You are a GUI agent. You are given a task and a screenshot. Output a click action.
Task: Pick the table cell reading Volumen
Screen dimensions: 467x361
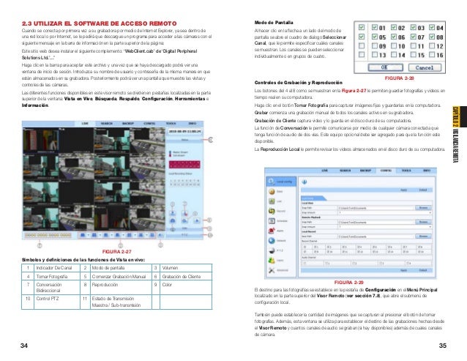coord(171,267)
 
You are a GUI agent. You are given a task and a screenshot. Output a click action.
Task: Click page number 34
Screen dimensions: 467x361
coord(25,345)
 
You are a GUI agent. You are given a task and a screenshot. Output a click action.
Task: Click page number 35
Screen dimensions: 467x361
coord(441,345)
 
